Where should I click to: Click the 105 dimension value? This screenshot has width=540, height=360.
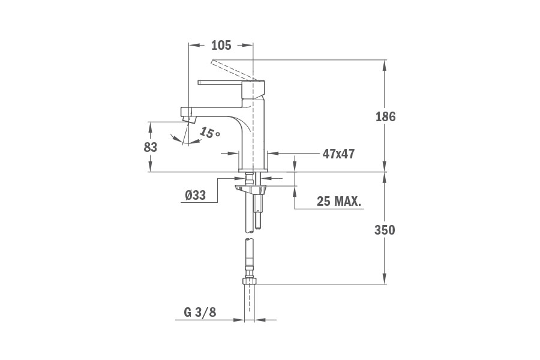pyautogui.click(x=221, y=46)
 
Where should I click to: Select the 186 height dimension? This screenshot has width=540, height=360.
pyautogui.click(x=385, y=116)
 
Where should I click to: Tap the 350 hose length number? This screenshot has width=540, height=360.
pyautogui.click(x=385, y=229)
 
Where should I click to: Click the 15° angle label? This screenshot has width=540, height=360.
pyautogui.click(x=209, y=133)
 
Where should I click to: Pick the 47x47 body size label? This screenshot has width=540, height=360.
pyautogui.click(x=338, y=154)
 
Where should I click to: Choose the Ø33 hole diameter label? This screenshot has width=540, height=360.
pyautogui.click(x=196, y=195)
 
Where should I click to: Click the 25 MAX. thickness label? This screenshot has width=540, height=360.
pyautogui.click(x=339, y=202)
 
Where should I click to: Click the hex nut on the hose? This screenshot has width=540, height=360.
pyautogui.click(x=249, y=281)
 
